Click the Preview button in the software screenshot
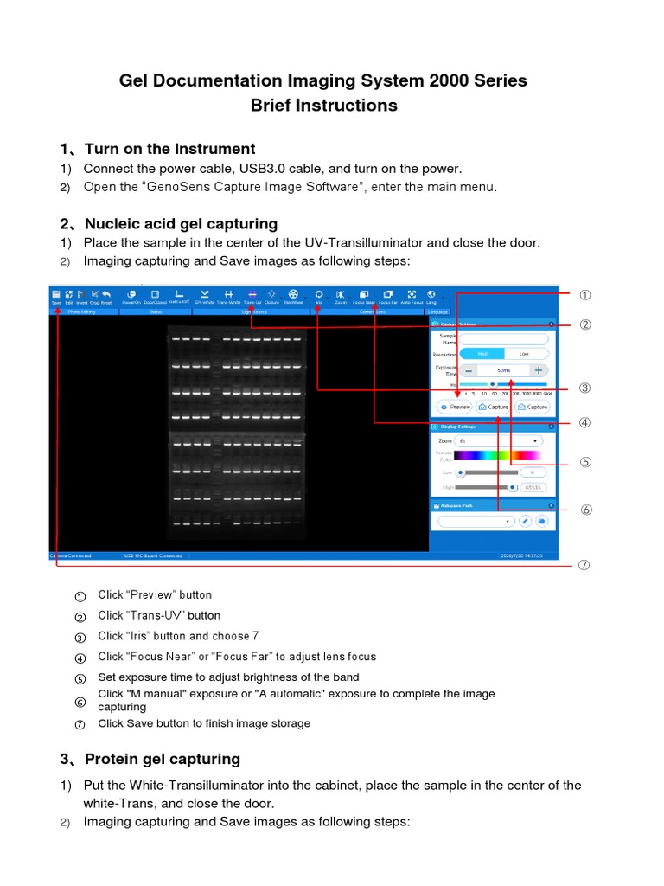pos(455,406)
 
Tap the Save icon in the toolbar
pos(56,297)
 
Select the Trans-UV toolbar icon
pos(252,297)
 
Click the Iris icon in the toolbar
pos(318,297)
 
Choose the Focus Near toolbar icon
pos(364,297)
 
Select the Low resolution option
pos(524,354)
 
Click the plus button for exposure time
pos(538,369)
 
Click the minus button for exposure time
pos(469,369)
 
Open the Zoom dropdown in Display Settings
pos(496,440)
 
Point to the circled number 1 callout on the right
pos(585,295)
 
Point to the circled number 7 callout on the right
pos(584,565)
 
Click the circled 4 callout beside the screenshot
pos(585,423)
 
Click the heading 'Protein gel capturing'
pos(162,759)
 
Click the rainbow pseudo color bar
pos(497,455)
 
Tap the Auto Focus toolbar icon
pos(412,297)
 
